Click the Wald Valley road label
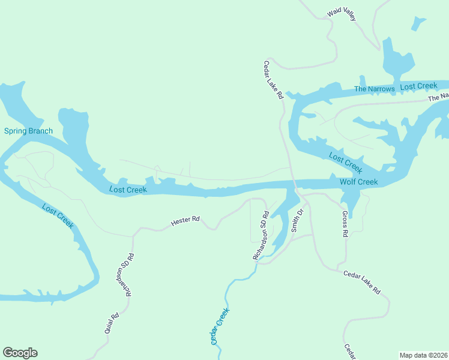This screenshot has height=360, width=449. [x=342, y=15]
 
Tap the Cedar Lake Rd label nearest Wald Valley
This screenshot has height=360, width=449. [x=274, y=84]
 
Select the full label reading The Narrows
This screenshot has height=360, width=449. [x=375, y=89]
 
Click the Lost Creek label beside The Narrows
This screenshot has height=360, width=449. [x=418, y=86]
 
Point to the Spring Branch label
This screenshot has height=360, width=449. [x=28, y=131]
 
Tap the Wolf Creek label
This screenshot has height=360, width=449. [x=358, y=182]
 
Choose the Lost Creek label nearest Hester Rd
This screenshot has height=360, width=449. [x=128, y=190]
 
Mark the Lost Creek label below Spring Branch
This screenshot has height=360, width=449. [x=58, y=216]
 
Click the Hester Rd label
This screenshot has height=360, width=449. [x=185, y=221]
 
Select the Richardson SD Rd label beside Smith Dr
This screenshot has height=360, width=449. [x=260, y=235]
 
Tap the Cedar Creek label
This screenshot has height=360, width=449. [x=220, y=326]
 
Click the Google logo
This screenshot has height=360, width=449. [x=20, y=353]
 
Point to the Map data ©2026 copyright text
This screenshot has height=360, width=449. [x=424, y=355]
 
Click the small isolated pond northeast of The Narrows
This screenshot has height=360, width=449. [x=418, y=23]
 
